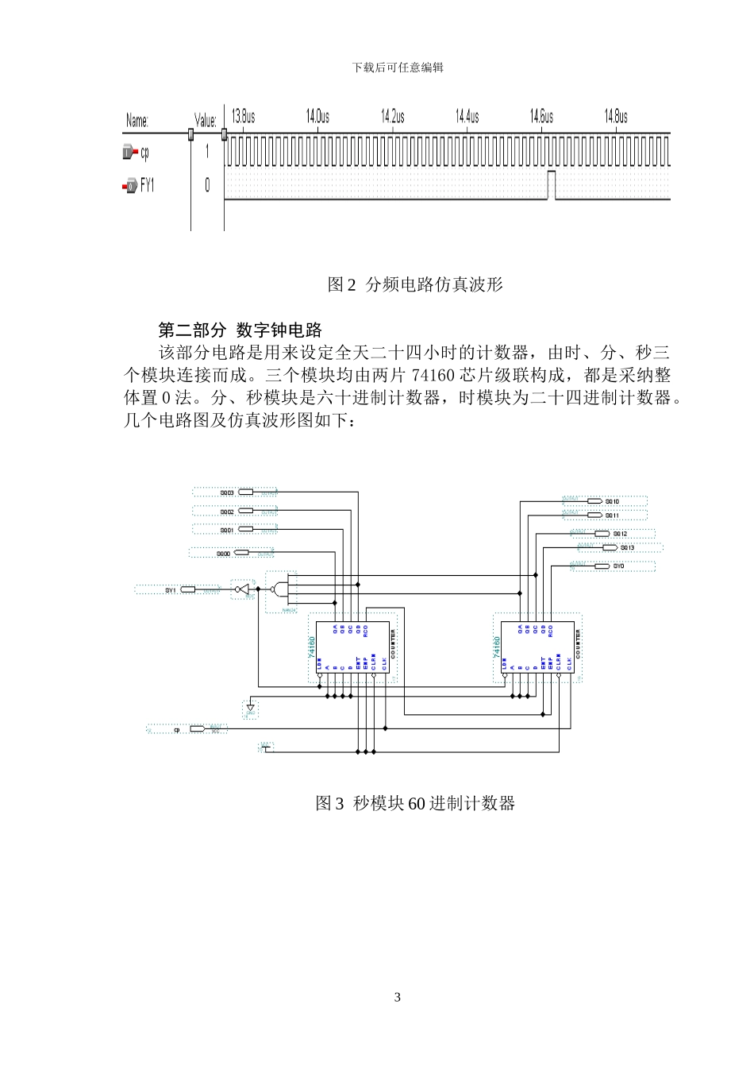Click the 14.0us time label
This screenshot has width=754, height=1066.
(x=317, y=117)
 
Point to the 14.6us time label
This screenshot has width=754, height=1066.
(x=541, y=117)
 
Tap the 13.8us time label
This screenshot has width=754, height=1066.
(x=244, y=117)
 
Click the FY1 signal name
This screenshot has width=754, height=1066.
(x=148, y=186)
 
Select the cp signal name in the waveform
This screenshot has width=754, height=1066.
(x=144, y=153)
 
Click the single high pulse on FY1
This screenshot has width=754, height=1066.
(x=552, y=184)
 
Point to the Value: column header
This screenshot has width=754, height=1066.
(x=206, y=121)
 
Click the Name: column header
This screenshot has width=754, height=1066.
(x=137, y=121)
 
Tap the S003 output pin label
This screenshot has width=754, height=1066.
(x=227, y=493)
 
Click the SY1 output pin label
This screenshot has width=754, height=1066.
(x=171, y=590)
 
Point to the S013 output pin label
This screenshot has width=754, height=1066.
(x=627, y=548)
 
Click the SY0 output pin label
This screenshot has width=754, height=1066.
(x=619, y=566)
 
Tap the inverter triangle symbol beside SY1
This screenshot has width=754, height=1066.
(x=244, y=589)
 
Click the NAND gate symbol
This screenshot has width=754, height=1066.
(x=278, y=589)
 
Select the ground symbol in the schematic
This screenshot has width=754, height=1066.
(x=251, y=707)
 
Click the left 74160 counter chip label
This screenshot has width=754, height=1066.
(x=312, y=645)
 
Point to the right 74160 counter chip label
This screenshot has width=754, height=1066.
(x=498, y=645)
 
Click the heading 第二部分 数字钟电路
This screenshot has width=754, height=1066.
(x=240, y=329)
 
